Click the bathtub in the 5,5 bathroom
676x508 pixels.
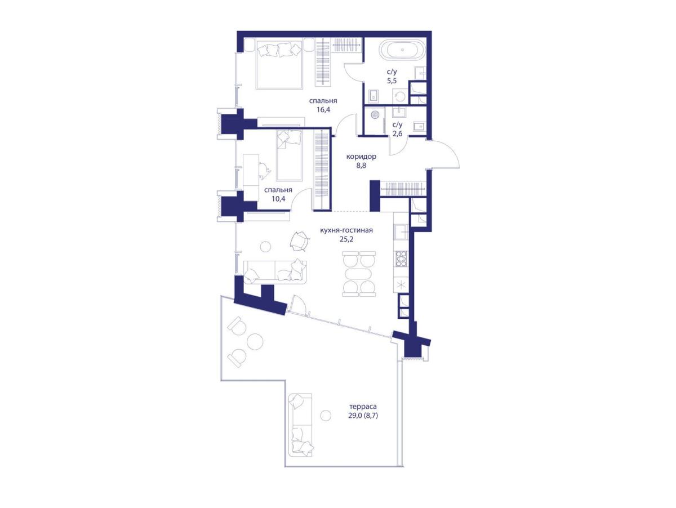point(402,50)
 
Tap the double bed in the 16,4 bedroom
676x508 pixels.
point(279,65)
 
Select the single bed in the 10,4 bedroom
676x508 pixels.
point(289,155)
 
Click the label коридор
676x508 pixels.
point(361,157)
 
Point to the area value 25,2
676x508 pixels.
point(346,239)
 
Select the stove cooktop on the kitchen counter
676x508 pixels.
point(401,259)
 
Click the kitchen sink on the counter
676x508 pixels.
point(401,232)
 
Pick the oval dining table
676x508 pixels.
point(359,274)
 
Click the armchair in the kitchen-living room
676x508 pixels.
point(299,240)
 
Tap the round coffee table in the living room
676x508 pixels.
point(265,247)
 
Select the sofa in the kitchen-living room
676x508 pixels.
point(275,272)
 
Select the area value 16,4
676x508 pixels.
point(323,109)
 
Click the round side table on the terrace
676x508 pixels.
point(326,416)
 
